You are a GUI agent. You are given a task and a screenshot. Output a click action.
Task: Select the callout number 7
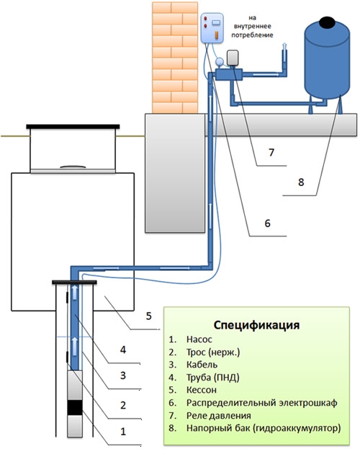pyautogui.click(x=271, y=152)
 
